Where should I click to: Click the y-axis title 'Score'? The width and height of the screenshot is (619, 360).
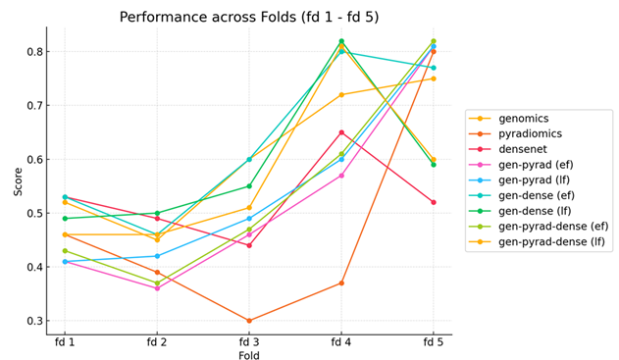click(18, 180)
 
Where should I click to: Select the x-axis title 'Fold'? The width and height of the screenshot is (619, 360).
click(249, 355)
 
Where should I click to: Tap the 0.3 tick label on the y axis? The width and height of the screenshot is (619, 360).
click(33, 321)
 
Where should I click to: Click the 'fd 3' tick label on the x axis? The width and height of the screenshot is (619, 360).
click(249, 340)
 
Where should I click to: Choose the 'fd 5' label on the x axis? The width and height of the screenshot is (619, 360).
click(433, 340)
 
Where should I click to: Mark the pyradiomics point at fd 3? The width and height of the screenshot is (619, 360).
click(249, 321)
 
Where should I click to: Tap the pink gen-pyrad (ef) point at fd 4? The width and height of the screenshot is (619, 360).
click(341, 176)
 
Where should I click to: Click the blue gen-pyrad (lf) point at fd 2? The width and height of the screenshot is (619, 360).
click(157, 256)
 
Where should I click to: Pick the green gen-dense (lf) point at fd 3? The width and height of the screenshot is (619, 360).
click(249, 186)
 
